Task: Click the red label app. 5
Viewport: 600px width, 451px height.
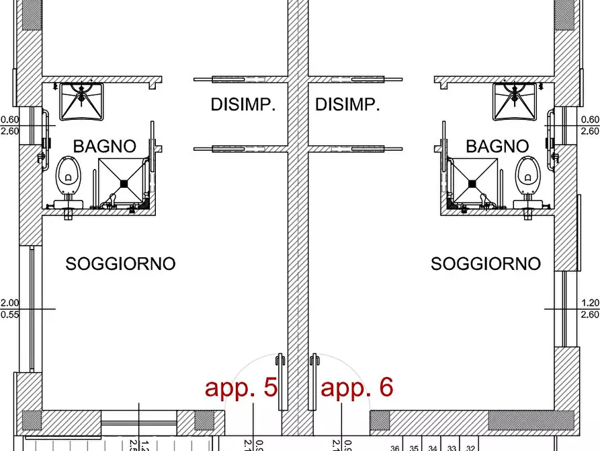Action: (241, 388)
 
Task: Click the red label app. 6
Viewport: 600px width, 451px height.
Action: (357, 388)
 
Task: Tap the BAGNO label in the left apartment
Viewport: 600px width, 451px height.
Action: (104, 146)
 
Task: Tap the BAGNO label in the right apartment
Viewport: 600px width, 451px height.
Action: (497, 146)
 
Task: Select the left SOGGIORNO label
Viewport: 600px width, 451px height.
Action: (120, 264)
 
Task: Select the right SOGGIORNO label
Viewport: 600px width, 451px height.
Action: (485, 264)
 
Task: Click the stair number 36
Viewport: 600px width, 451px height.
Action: (395, 448)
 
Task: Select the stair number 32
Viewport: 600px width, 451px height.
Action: (470, 448)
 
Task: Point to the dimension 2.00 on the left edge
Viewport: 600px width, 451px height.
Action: (9, 303)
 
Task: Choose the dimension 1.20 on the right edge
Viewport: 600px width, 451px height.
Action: (590, 303)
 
